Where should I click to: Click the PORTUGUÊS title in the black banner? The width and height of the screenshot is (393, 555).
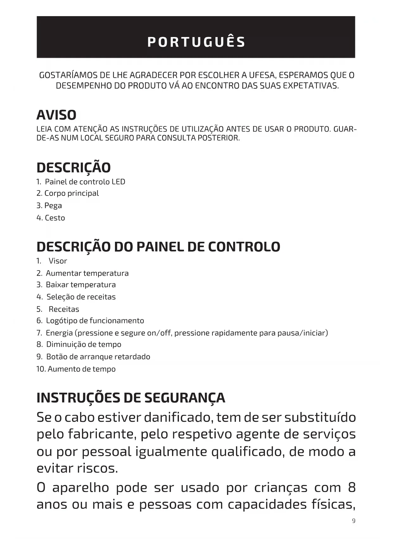point(196,42)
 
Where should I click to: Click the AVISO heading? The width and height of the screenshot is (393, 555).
point(56,115)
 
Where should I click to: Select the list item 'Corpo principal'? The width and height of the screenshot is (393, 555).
point(72,193)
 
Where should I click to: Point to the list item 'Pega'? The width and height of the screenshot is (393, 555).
point(53,206)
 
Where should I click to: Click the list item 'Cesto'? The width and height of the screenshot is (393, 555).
point(55,218)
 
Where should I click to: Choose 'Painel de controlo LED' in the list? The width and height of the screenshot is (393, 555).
point(85,182)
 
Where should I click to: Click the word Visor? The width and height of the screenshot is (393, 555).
point(58,261)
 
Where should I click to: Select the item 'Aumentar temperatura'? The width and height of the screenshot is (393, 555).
point(87,273)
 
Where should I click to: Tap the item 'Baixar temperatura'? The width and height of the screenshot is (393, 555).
point(81,285)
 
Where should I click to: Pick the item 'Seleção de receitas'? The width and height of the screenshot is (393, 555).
point(81,297)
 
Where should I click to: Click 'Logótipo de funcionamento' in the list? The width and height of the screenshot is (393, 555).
point(95,321)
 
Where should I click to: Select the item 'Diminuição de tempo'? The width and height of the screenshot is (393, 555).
point(84,345)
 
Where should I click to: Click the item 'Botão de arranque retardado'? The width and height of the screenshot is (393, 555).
point(98,357)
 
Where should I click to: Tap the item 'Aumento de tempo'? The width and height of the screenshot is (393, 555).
point(81,369)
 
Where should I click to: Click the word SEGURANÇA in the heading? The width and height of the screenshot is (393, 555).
point(185,398)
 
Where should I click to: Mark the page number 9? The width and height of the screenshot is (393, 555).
point(354,521)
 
